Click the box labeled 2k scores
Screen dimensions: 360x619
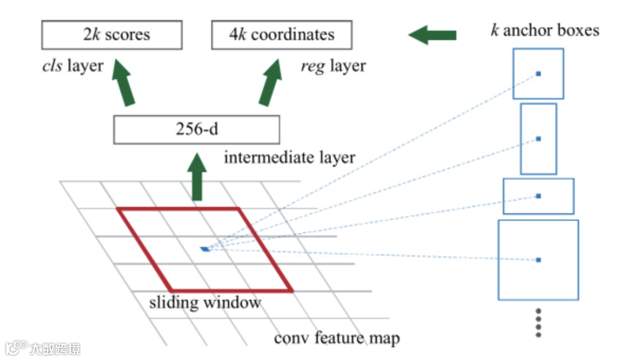pos(112,35)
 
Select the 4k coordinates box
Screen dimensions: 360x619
pos(281,35)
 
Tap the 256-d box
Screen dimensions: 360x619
pos(197,130)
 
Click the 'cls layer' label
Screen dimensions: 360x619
pos(72,65)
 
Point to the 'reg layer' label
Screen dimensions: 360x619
pos(333,66)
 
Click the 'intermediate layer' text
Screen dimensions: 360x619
pos(289,156)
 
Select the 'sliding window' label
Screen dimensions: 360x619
pos(205,302)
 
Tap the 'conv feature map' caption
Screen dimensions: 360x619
pos(336,338)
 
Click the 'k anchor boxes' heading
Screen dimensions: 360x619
pos(544,30)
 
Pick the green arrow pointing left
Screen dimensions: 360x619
pos(432,36)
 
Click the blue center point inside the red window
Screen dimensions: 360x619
pos(205,249)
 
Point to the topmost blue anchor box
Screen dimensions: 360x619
pos(538,73)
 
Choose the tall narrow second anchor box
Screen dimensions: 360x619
pos(538,139)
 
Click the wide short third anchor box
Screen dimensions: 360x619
pos(538,196)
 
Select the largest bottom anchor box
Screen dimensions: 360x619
pos(538,260)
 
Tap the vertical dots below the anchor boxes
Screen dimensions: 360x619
pos(538,322)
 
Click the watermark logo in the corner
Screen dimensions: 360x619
pos(43,348)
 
